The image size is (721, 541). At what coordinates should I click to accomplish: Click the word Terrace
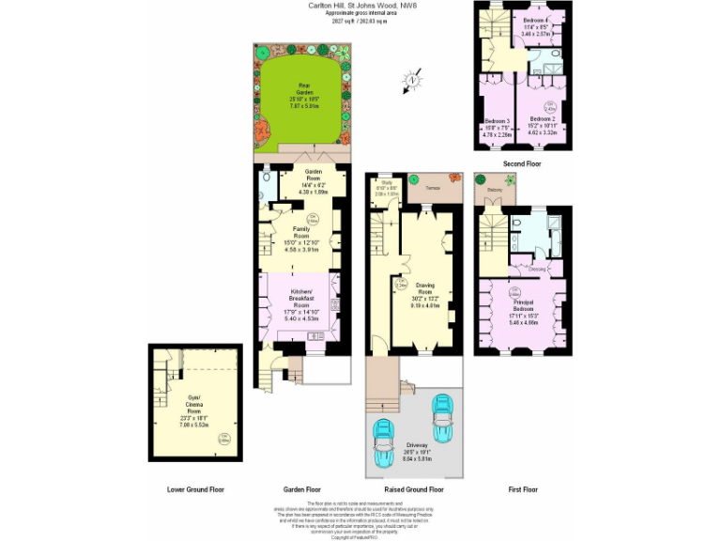[x=433, y=188]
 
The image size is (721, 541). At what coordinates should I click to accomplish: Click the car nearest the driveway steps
[x=441, y=410]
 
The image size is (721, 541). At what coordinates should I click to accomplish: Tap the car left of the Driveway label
[x=384, y=441]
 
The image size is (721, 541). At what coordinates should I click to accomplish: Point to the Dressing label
[x=537, y=270]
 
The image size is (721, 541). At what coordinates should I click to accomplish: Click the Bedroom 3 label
[x=497, y=127]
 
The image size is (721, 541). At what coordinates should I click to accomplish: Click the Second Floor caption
[x=522, y=164]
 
